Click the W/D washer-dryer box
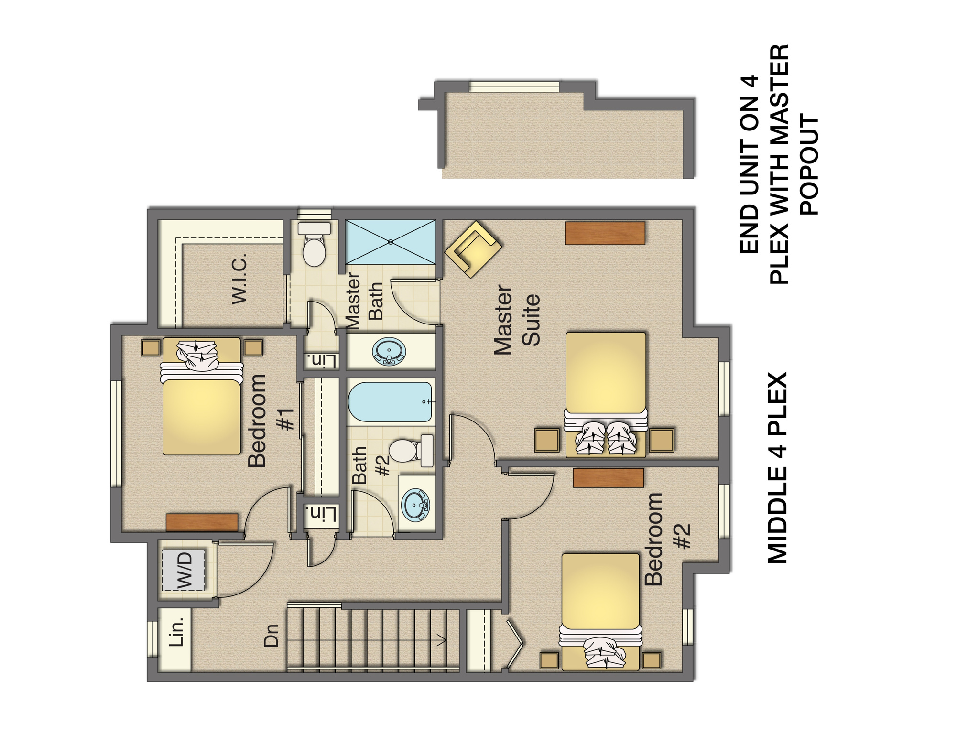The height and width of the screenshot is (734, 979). (184, 570)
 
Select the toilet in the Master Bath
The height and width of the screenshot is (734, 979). (314, 245)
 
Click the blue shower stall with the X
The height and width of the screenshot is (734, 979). (391, 242)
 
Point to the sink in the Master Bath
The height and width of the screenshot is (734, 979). (389, 352)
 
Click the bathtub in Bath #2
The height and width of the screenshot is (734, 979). (391, 402)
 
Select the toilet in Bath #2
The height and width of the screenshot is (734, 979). (410, 451)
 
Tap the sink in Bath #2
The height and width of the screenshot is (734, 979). (415, 505)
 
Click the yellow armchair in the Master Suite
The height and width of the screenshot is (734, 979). (473, 249)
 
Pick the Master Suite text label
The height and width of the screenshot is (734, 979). (517, 320)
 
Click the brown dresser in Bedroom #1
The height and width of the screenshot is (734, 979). (202, 522)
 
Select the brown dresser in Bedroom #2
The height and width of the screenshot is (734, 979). (608, 478)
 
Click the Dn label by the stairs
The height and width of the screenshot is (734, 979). (271, 636)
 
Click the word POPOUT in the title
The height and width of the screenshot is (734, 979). (809, 164)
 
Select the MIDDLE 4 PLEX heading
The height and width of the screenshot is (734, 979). (777, 468)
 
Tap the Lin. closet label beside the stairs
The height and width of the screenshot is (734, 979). (176, 632)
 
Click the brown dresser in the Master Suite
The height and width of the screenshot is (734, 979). (605, 233)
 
